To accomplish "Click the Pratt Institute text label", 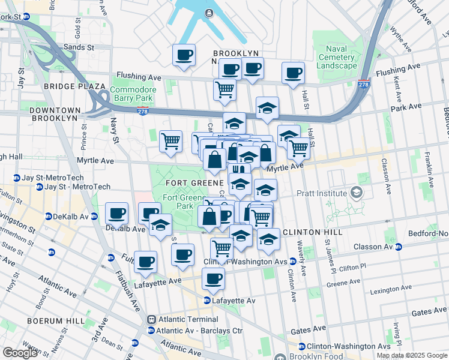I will click(322, 193).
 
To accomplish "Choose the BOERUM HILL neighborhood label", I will click(56, 321).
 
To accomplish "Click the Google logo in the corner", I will click(20, 353).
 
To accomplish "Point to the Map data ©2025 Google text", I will click(412, 355).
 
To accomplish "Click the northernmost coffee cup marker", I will click(184, 55).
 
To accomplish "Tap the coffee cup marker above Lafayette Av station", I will click(213, 278).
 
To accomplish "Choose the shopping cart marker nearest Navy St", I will click(170, 141).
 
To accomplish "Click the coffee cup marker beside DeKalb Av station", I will click(116, 212).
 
